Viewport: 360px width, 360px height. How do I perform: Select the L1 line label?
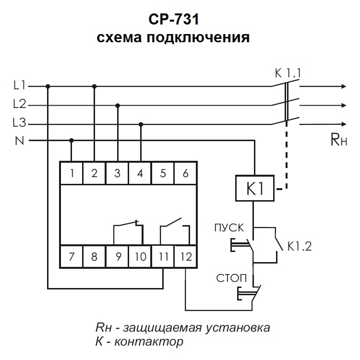[20, 86]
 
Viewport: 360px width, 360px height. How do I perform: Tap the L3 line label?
[20, 123]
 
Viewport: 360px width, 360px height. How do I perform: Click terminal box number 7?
[72, 256]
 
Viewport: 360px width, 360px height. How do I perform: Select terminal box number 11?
[163, 256]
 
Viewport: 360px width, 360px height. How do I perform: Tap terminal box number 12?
[186, 256]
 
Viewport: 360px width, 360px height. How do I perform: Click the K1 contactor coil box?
[254, 188]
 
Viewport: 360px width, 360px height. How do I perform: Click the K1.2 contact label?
[300, 247]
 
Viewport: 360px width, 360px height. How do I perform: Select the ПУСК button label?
[229, 227]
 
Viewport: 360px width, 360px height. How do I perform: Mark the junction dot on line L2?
[118, 105]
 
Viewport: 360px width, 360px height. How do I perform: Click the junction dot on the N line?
[72, 141]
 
